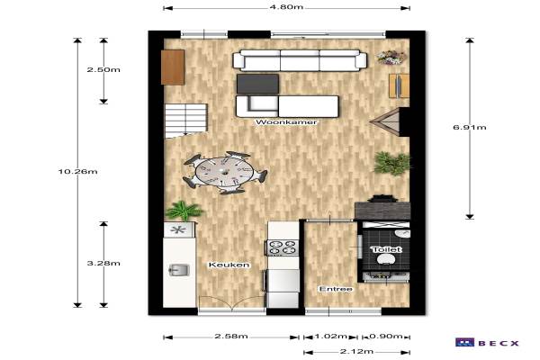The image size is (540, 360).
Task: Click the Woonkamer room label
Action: pyautogui.click(x=286, y=122)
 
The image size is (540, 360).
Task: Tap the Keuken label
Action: pyautogui.click(x=229, y=265)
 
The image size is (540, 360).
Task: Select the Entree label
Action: pyautogui.click(x=336, y=289)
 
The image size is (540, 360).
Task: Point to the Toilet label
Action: pyautogui.click(x=386, y=249)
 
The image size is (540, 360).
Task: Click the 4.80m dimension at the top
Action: pyautogui.click(x=286, y=7)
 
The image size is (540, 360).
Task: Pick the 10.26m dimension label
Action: pyautogui.click(x=77, y=171)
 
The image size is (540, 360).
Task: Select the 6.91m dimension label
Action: pyautogui.click(x=470, y=127)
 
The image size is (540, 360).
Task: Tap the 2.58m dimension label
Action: pyautogui.click(x=231, y=336)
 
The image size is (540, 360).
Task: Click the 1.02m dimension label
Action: pyautogui.click(x=330, y=336)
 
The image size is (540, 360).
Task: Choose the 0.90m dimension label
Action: pyautogui.click(x=386, y=336)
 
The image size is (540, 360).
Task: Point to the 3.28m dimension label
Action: pyautogui.click(x=103, y=263)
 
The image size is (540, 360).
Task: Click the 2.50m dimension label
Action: pyautogui.click(x=103, y=69)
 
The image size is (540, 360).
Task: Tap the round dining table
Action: pyautogui.click(x=224, y=172)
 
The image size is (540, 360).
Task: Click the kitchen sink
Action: pyautogui.click(x=179, y=270)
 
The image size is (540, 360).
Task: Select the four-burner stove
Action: pyautogui.click(x=283, y=247)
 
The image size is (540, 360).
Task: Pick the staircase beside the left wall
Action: pyautogui.click(x=186, y=121)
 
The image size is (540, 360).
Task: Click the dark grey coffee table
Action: pyautogui.click(x=257, y=84)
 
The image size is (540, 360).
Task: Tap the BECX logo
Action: pyautogui.click(x=487, y=342)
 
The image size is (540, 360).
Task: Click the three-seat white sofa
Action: pyautogui.click(x=300, y=60)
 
